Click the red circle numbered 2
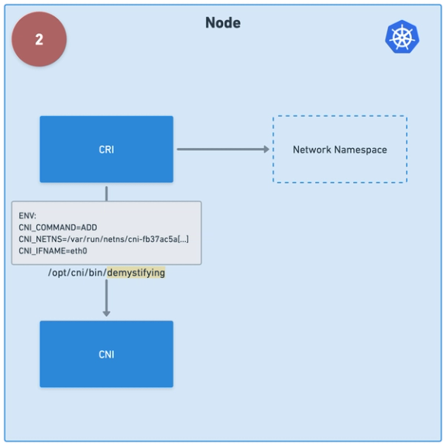tap(39, 39)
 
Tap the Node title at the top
tap(223, 22)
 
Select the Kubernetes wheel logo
tap(402, 37)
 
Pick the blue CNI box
tap(106, 354)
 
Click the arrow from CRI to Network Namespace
tap(221, 149)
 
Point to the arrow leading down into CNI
tap(106, 298)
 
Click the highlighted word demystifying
tap(136, 273)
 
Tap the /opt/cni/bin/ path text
tap(77, 273)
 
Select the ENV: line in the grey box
tap(28, 215)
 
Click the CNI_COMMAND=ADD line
tap(58, 227)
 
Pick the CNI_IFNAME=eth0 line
tap(53, 251)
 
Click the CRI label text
tap(106, 149)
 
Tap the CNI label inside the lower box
tap(106, 354)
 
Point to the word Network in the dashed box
tap(311, 149)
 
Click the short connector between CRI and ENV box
tap(106, 192)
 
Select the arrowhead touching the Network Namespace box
tap(266, 149)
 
